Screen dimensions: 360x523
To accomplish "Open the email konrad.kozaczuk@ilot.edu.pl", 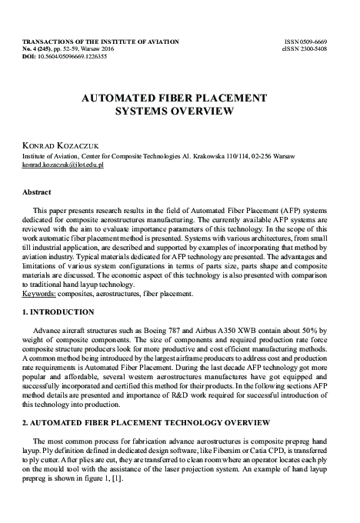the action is coord(60,165).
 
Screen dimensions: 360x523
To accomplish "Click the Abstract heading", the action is coord(37,192).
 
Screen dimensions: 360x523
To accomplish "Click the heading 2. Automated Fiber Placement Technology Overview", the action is coord(146,423).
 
